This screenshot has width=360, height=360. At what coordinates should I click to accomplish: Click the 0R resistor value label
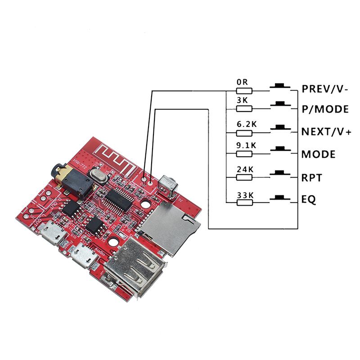(x=242, y=82)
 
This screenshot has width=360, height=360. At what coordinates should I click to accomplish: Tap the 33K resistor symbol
(x=245, y=202)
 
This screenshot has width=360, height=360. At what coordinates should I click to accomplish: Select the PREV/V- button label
(x=324, y=89)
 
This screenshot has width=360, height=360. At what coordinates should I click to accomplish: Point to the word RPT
(x=311, y=178)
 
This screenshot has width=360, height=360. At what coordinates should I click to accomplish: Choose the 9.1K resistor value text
(x=246, y=145)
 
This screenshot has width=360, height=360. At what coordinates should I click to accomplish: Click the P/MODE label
(x=324, y=109)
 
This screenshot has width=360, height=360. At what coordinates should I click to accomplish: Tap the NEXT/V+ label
(x=326, y=131)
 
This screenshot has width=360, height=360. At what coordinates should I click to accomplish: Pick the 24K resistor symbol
(x=245, y=178)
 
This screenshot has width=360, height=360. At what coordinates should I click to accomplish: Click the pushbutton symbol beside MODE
(x=281, y=150)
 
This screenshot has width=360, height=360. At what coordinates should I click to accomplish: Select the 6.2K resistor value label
(x=246, y=123)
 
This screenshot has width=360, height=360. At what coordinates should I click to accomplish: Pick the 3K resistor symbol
(x=245, y=108)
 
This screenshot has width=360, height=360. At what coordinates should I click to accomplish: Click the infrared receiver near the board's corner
(x=168, y=184)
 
